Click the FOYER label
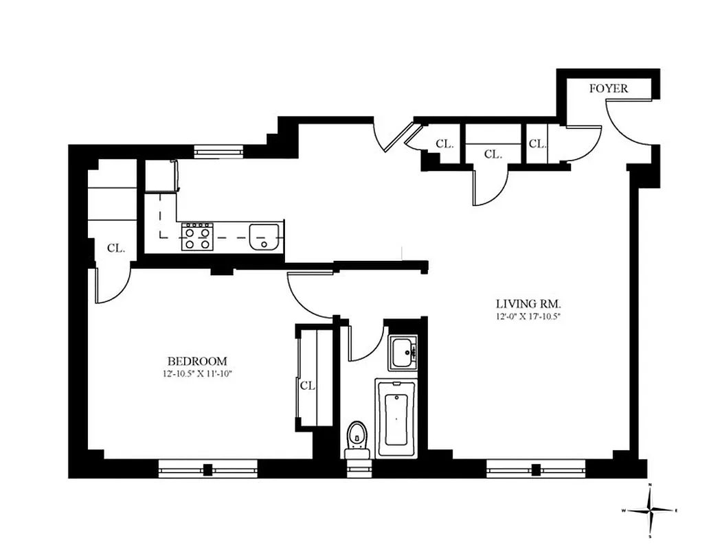[609, 89]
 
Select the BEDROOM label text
[197, 361]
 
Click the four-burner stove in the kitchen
[197, 237]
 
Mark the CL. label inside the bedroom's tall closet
[307, 386]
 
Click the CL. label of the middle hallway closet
[492, 155]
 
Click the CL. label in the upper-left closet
[116, 248]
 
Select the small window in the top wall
[218, 151]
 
